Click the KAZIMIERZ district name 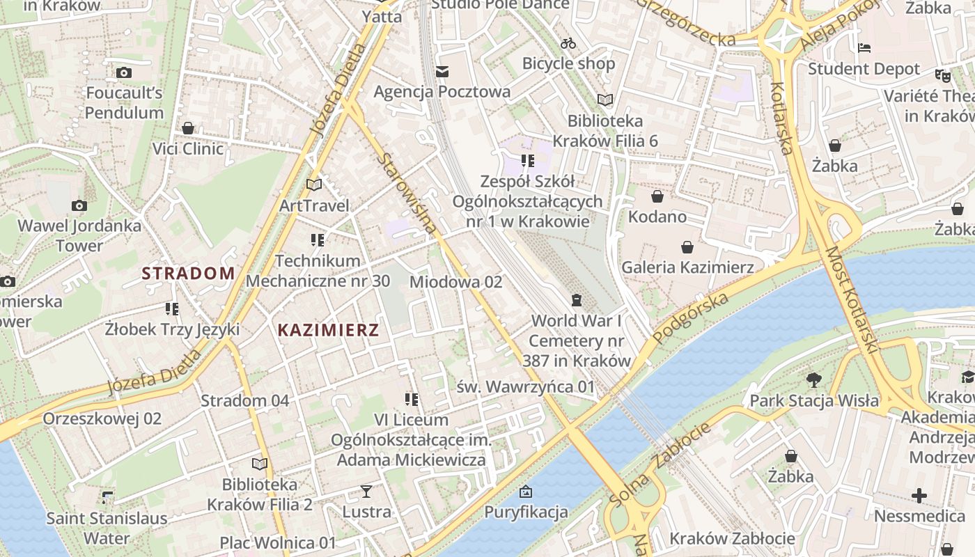coord(328,330)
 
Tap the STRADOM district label coord(189,273)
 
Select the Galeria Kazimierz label coord(687,267)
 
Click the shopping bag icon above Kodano coord(657,196)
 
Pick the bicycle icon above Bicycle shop coord(568,43)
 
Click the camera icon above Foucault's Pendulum coord(124,72)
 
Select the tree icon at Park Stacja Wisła coord(813,380)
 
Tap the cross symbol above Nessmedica coord(919,496)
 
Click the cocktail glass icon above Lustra coord(366,492)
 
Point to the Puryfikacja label coord(526,512)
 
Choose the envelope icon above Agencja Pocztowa coord(442,72)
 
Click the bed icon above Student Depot coord(864,49)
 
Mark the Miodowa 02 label coord(455,282)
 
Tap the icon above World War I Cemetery coord(576,300)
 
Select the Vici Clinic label coord(188,148)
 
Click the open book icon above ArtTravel coord(314,185)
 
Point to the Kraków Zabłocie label coord(732,538)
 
